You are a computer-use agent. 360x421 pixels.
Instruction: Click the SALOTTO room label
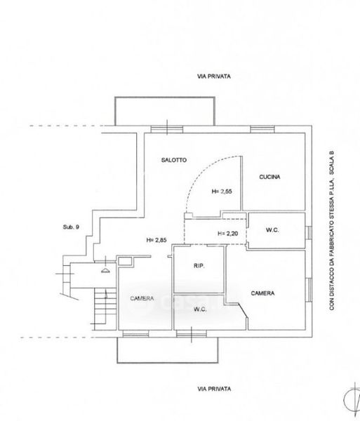(x=174, y=160)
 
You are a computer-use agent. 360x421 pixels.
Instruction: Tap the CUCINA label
(x=269, y=177)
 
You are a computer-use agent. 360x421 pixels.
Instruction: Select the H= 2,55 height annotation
(x=222, y=192)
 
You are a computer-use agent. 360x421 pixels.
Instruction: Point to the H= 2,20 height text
(x=227, y=234)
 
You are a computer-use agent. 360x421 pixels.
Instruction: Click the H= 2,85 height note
(x=156, y=240)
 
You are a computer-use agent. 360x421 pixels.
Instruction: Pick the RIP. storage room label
(x=199, y=266)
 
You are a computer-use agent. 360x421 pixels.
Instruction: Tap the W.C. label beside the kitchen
(x=272, y=230)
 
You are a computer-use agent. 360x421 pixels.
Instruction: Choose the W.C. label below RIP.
(x=200, y=309)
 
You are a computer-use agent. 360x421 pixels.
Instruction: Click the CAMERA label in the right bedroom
(x=262, y=293)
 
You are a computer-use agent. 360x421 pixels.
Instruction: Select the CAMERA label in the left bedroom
(x=142, y=298)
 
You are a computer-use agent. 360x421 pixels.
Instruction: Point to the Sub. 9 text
(x=71, y=227)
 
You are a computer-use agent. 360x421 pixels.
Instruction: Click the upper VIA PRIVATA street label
(x=214, y=76)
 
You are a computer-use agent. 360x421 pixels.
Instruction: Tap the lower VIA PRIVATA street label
(x=214, y=389)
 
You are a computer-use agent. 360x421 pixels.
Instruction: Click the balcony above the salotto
(x=165, y=98)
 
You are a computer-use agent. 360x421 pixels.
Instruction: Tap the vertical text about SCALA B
(x=332, y=231)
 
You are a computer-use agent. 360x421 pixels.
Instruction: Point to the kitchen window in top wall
(x=262, y=130)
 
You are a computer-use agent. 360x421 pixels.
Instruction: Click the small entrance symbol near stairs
(x=105, y=271)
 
